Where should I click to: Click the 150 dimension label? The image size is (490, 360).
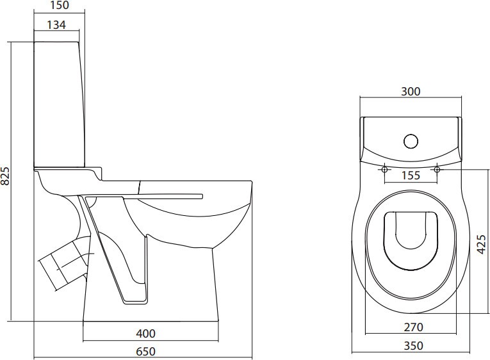(x=59, y=5)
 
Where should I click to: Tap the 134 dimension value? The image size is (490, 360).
(x=56, y=25)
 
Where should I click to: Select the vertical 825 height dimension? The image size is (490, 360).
(x=6, y=176)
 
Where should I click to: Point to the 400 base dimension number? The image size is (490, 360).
(x=145, y=334)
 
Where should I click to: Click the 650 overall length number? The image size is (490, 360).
(x=145, y=352)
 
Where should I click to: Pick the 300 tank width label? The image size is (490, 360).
(x=411, y=92)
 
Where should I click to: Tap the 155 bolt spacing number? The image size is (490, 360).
(x=411, y=176)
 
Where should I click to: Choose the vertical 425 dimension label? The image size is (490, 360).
(x=482, y=244)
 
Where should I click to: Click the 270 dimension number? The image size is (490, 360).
(x=413, y=327)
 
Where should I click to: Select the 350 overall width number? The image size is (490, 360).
(x=413, y=346)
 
